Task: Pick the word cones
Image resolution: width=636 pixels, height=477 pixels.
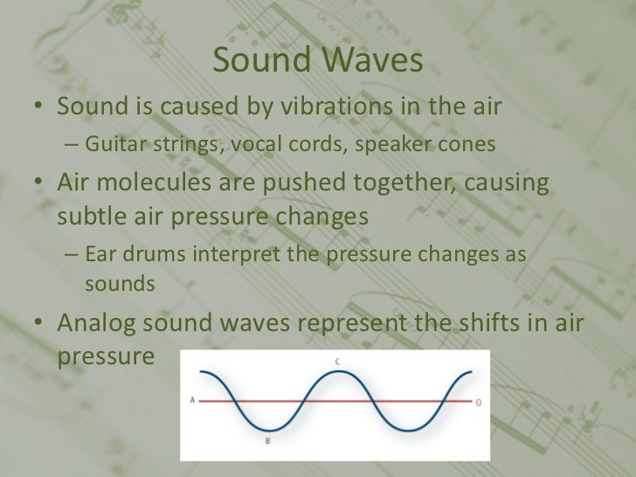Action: pos(464,144)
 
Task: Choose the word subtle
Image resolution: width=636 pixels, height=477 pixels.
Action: pos(95,216)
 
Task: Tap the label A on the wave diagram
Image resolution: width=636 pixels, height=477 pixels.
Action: pos(192,401)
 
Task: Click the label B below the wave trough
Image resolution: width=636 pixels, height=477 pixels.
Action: pos(267,442)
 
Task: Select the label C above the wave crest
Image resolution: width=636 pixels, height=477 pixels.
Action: pos(336,360)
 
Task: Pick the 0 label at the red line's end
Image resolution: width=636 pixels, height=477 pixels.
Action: pos(478,403)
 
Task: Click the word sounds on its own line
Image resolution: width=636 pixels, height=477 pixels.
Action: pos(120,284)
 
